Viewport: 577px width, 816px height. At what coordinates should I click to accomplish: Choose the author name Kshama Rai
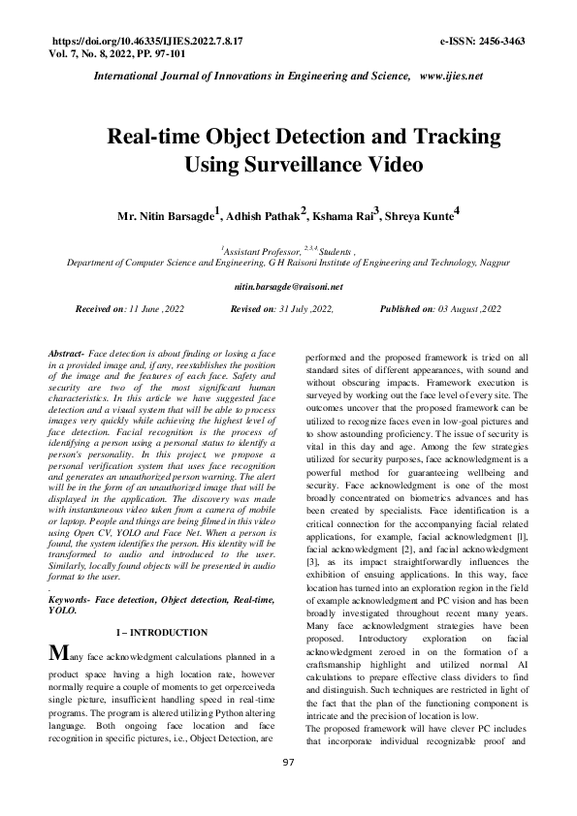coord(345,213)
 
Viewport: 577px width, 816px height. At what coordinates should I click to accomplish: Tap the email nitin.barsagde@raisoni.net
coord(289,288)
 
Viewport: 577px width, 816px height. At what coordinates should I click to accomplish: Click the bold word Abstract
coord(66,356)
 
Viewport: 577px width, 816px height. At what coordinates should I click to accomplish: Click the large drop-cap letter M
coord(58,655)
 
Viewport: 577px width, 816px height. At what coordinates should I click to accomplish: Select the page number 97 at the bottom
coord(288,790)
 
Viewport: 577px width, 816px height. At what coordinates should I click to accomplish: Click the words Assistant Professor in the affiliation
coord(262,249)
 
